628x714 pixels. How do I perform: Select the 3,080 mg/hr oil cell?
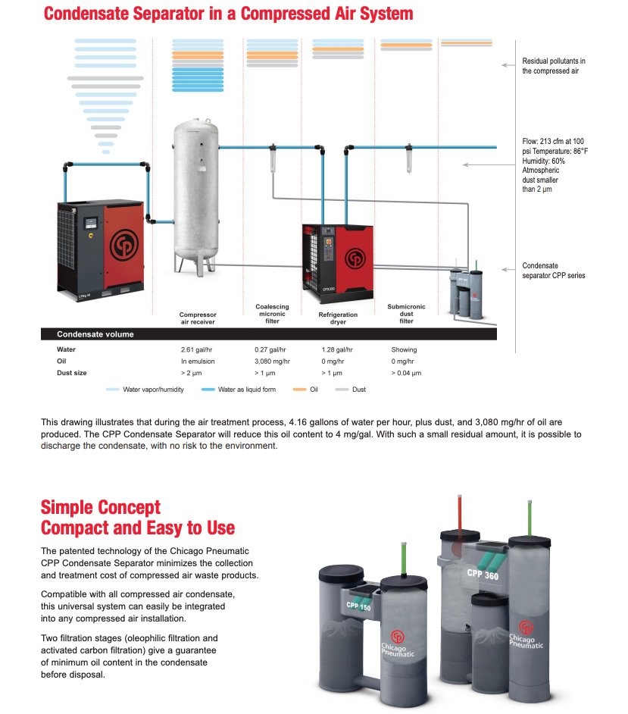coord(272,362)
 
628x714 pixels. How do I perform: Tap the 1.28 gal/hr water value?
coord(337,349)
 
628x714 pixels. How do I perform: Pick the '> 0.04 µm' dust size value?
coord(406,373)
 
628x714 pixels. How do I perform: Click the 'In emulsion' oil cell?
coord(197,362)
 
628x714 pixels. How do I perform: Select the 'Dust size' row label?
coord(71,373)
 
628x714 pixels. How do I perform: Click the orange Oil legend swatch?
coord(298,390)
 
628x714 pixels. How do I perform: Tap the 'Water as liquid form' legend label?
coord(247,390)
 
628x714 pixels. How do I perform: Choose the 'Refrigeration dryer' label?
coord(339,318)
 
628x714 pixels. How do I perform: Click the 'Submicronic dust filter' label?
coord(406,314)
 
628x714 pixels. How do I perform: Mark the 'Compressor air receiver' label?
coord(198,318)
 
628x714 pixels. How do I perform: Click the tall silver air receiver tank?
coord(196,189)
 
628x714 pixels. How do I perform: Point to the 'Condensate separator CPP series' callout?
coord(554,271)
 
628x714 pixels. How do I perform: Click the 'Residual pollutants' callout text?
coord(554,66)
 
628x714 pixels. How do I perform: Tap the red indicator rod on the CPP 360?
coord(459,515)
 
